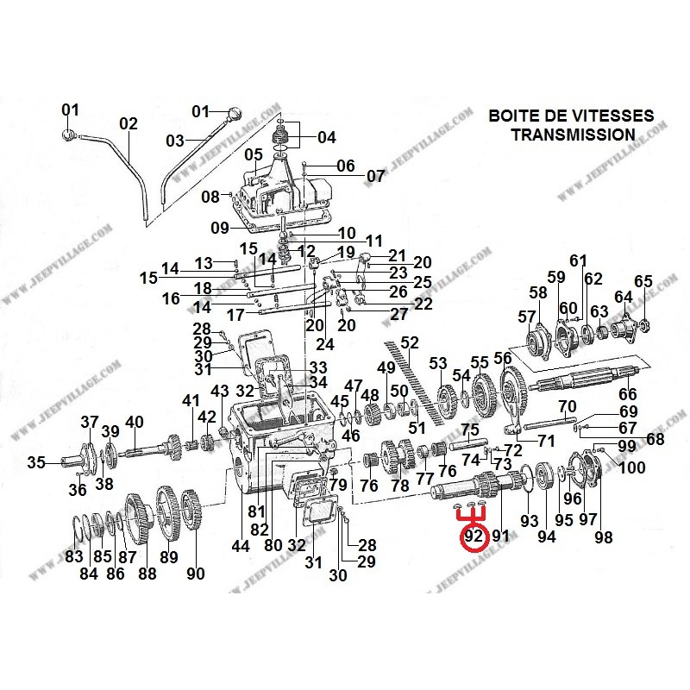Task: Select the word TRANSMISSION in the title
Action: pos(574,135)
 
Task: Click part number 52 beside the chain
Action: pos(410,342)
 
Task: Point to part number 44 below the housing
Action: pos(241,546)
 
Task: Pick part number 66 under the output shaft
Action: pos(628,394)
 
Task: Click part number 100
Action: pos(632,467)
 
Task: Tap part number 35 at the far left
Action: pos(36,462)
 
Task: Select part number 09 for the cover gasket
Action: pos(220,228)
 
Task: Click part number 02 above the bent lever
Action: pos(129,123)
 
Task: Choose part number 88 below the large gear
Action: pos(147,574)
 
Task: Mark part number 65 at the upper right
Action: pos(643,281)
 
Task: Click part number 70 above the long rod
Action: pos(568,406)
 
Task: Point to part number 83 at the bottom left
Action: pos(74,556)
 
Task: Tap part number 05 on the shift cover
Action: pos(254,154)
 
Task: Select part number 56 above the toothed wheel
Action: pos(503,359)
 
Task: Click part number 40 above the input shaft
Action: pos(135,422)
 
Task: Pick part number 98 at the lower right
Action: pos(603,537)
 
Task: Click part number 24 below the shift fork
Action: pos(325,344)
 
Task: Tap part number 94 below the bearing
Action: pos(547,536)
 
